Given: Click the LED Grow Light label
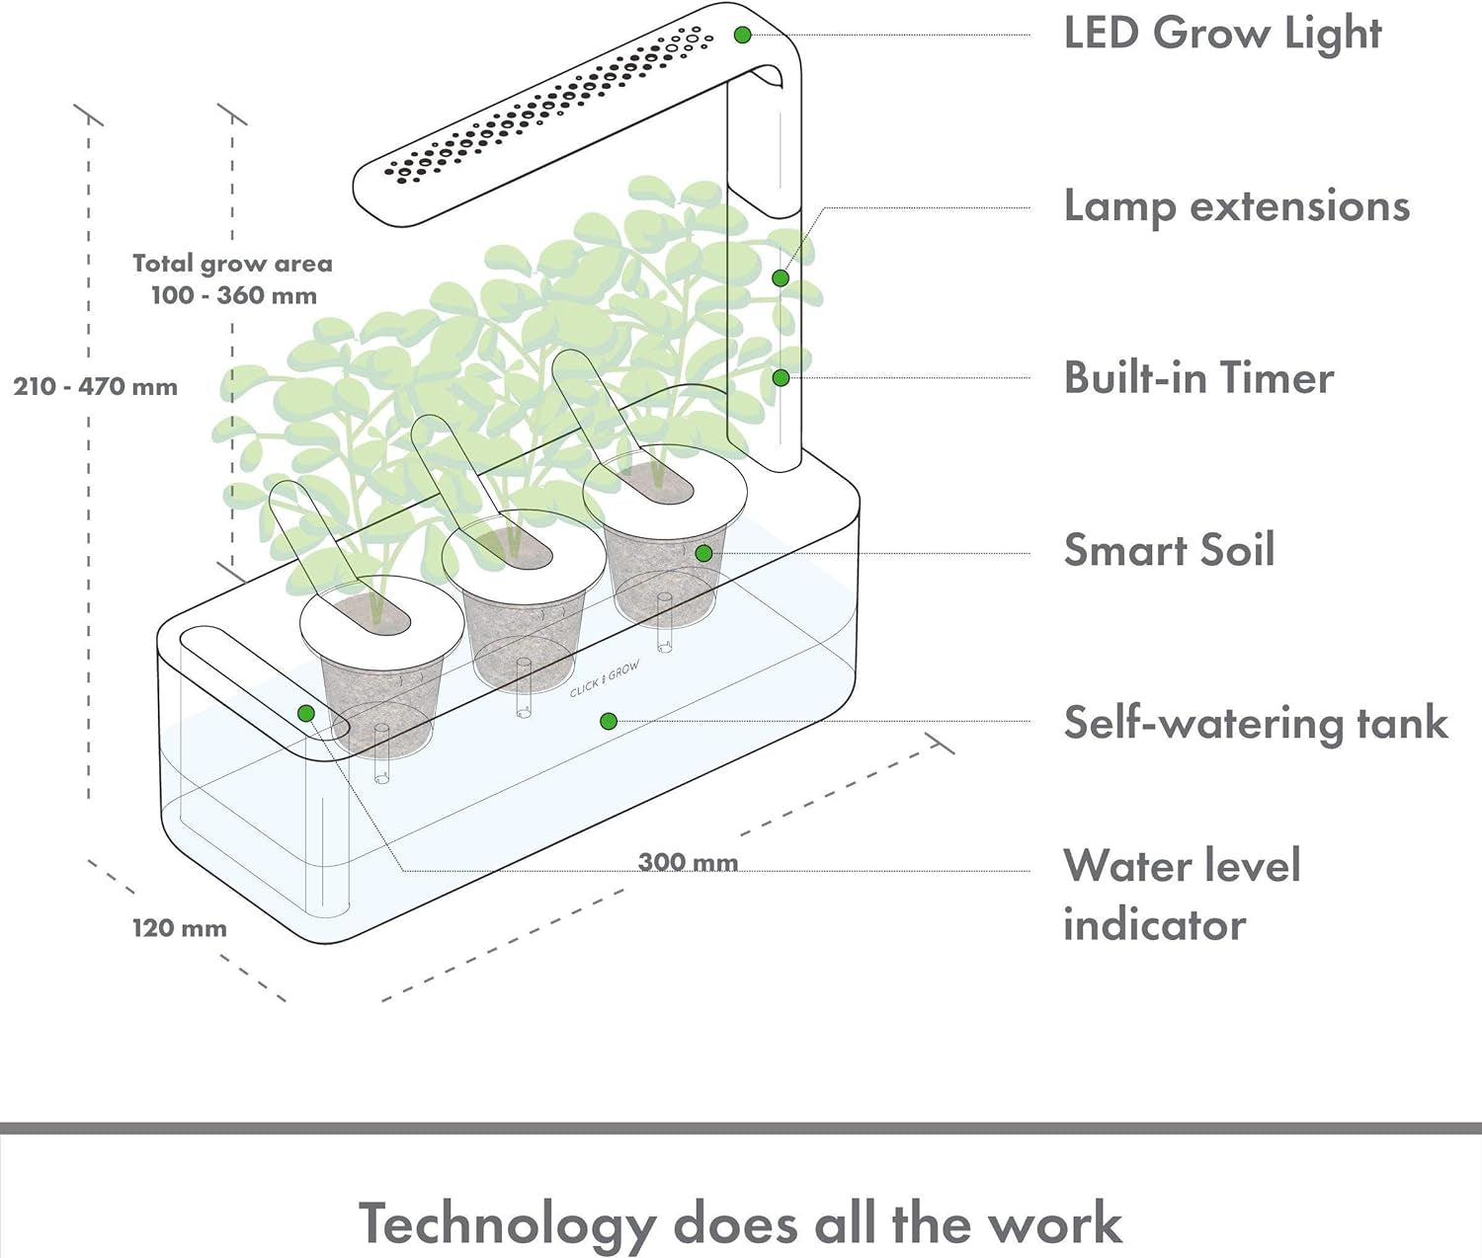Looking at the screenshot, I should [x=1221, y=34].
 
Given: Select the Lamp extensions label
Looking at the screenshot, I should [x=1236, y=207].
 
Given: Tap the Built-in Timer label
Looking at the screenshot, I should [x=1198, y=378].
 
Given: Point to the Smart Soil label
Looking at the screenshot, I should [x=1169, y=550].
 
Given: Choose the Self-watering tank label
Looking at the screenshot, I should [x=1255, y=723].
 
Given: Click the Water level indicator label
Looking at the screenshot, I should [x=1182, y=895].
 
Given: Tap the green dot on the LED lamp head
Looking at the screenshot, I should [x=743, y=36].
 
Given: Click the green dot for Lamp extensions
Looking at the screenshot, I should [x=781, y=278].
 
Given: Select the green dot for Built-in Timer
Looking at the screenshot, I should [x=781, y=377].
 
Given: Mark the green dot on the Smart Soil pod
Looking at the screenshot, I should [x=703, y=553].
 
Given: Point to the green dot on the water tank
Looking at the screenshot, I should [x=609, y=722].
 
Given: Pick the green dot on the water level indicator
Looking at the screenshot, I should [x=306, y=713].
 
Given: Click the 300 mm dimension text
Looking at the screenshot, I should [x=688, y=862].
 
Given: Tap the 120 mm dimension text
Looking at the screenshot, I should [x=180, y=928].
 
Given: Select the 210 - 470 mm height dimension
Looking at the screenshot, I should [x=96, y=386].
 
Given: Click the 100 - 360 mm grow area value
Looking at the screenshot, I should [x=234, y=295].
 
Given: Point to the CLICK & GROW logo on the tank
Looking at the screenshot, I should [x=604, y=679].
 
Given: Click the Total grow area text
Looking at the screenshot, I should [x=232, y=264].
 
